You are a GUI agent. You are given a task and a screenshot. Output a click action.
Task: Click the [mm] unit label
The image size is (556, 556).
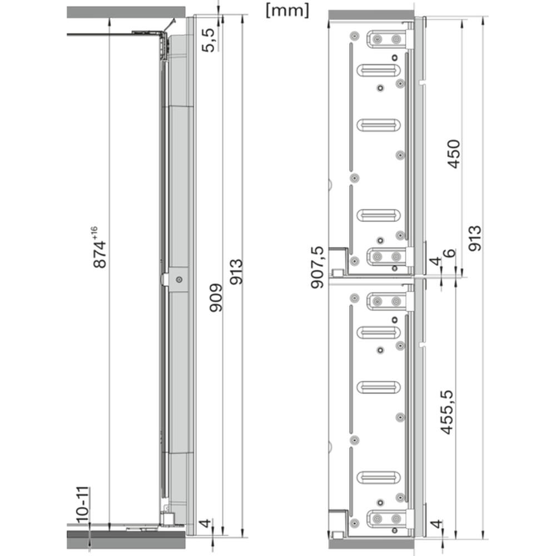tap(287, 11)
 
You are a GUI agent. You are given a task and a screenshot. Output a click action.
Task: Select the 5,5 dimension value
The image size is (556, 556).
tap(209, 39)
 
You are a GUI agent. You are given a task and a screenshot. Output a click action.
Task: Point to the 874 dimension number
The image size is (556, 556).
tap(100, 254)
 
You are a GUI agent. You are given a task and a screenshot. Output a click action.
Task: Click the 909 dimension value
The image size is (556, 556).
tap(216, 298)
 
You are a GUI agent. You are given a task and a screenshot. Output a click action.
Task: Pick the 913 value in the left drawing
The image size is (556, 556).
tap(236, 272)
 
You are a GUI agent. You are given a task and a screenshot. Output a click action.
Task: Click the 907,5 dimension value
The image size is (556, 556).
tap(317, 267)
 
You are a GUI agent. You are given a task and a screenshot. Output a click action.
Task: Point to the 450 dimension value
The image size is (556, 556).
tap(454, 154)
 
